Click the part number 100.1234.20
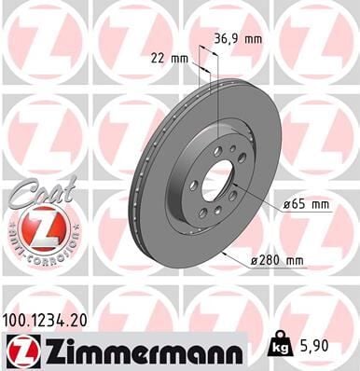[x=50, y=320]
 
